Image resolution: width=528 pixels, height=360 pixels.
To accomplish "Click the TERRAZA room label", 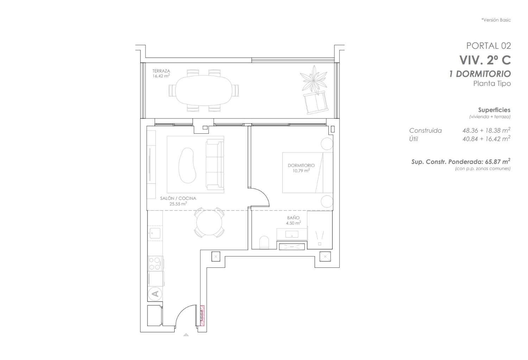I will pos(161,71).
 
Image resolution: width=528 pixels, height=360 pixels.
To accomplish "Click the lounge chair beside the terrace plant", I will pos(316,103).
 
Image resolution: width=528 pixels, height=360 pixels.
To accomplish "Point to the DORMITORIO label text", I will pos(301,165).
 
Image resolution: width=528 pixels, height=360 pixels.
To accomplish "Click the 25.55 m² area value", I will pos(178,204).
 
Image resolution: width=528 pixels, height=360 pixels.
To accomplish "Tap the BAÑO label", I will pos(293,218).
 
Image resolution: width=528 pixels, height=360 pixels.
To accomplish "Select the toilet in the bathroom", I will pos(264,242).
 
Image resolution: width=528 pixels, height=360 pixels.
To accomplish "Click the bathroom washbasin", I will pos(291,234).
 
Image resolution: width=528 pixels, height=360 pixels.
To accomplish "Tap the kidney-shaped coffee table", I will pos(188,165).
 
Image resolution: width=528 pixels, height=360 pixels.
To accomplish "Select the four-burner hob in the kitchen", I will pos(155,263).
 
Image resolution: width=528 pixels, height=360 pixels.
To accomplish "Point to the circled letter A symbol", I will pos(155,293).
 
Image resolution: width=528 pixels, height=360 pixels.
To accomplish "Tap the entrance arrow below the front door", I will pos(186,335).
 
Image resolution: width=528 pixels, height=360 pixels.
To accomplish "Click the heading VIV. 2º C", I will pos(485,60).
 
